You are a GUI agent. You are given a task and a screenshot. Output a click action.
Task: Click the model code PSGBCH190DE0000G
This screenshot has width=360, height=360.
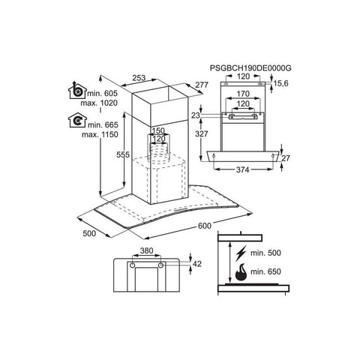(250, 68)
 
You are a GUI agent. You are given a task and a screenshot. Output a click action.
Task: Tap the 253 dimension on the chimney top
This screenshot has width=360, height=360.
(139, 78)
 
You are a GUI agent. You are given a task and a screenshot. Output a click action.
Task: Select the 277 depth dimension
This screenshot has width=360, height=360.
(202, 85)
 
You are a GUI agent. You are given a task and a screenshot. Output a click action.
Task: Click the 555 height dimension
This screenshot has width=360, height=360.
(123, 154)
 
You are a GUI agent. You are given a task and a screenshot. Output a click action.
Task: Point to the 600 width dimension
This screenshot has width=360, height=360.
(205, 226)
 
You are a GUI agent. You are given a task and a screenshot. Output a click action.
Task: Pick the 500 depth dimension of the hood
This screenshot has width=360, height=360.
(89, 233)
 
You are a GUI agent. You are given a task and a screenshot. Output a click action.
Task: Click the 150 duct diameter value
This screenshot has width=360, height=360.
(158, 130)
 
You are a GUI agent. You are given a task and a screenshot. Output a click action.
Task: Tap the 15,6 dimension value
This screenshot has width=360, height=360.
(280, 83)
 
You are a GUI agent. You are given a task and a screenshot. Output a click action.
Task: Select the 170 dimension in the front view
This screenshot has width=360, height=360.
(243, 94)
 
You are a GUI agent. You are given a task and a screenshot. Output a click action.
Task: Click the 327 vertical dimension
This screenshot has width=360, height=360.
(202, 133)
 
